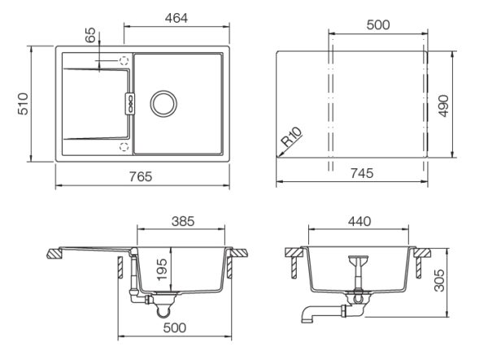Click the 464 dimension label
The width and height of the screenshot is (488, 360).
tap(176, 19)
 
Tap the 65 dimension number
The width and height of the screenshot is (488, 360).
tap(90, 35)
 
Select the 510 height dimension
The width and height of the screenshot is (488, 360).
tap(23, 104)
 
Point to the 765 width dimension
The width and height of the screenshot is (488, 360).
tap(141, 176)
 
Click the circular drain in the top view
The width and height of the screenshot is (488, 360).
tap(163, 104)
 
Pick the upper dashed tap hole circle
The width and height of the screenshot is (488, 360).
tap(124, 60)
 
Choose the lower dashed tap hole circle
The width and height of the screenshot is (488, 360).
tap(124, 146)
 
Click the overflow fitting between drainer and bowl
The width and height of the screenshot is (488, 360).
tap(130, 103)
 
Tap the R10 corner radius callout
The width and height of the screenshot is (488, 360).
tap(292, 137)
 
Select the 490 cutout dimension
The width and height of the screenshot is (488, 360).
tap(443, 106)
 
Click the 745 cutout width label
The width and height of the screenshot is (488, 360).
tap(362, 173)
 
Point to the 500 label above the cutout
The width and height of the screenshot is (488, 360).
tap(378, 25)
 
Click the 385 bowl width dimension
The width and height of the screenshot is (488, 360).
tap(183, 221)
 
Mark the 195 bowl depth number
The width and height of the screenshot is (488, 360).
tap(162, 270)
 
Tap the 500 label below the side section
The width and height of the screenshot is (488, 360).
tap(175, 327)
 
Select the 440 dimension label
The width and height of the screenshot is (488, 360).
tap(359, 221)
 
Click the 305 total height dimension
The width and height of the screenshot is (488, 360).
tap(439, 280)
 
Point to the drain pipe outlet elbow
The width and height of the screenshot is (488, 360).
tap(308, 314)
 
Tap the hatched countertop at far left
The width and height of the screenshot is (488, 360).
tap(55, 254)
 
